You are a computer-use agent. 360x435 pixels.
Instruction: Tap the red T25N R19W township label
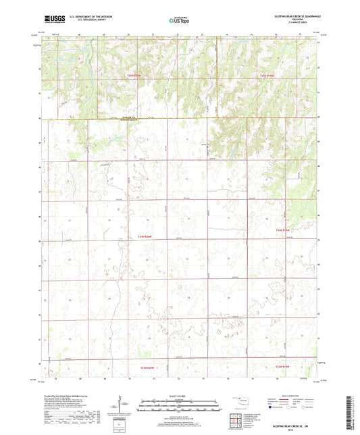click(269, 76)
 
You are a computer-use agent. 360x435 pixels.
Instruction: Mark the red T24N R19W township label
click(286, 230)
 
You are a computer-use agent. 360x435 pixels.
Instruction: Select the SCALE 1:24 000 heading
click(180, 395)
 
